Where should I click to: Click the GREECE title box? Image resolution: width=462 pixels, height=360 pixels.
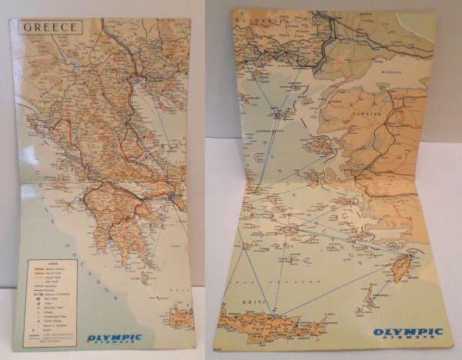coord(51,27)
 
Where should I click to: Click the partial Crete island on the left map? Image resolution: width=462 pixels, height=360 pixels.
coord(181,318)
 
